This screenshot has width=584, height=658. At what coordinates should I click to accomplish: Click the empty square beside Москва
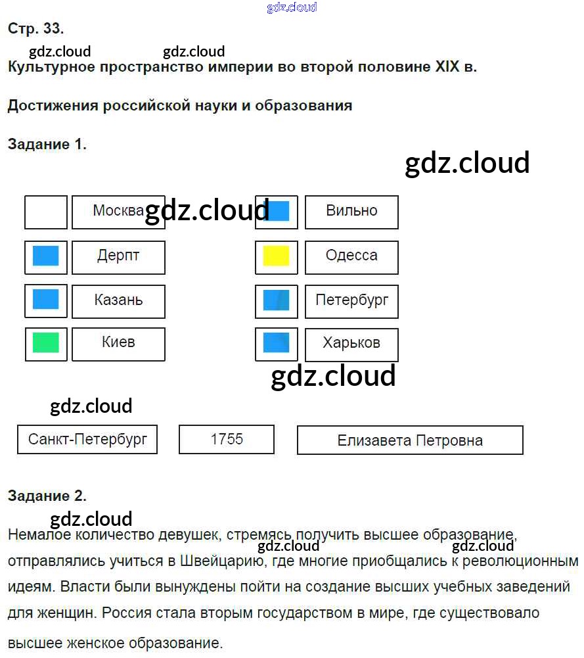coord(46,212)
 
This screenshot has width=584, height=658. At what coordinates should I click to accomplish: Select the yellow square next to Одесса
coord(277,256)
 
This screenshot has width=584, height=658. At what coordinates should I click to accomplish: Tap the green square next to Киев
coord(46,343)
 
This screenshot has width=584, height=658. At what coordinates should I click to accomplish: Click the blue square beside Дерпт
coord(46,256)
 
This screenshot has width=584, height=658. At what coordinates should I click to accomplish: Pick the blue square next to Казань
coord(46,300)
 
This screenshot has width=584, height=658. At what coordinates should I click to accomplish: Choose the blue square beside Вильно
coord(277,212)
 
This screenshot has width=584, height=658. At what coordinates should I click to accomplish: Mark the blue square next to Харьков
coord(277,343)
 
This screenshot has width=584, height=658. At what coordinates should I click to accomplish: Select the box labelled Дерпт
coord(118,256)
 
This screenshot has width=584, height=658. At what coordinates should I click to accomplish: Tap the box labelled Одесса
coord(351,256)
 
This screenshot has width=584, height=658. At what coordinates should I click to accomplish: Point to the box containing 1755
coord(227,440)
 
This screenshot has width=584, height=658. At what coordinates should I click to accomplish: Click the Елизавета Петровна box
coord(410,440)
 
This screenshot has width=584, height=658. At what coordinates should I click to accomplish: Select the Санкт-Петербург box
coord(87,440)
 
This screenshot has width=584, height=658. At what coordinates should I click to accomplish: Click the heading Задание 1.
coord(47,145)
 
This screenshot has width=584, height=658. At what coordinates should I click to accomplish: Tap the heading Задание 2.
coord(47,496)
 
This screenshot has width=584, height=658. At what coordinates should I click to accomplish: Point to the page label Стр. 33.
coord(35,29)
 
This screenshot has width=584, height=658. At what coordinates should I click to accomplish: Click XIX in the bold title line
coord(447,68)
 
